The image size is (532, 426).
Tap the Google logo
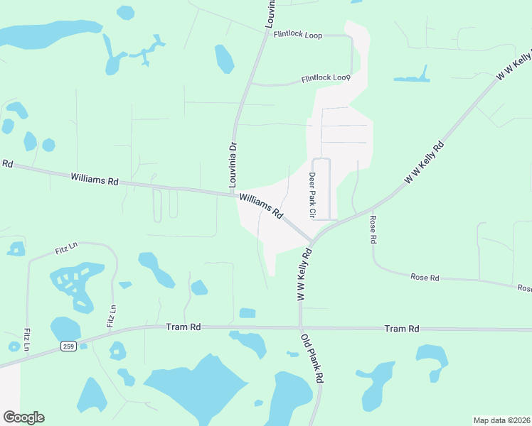23,417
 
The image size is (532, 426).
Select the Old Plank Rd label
312,359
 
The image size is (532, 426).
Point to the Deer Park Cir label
312,195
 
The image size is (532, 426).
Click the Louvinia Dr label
232,165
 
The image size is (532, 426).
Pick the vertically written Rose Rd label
372,230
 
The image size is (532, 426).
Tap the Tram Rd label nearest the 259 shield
183,327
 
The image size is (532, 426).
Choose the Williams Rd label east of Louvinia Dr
261,206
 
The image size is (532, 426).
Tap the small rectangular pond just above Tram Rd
248,313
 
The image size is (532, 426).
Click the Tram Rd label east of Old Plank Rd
401,329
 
